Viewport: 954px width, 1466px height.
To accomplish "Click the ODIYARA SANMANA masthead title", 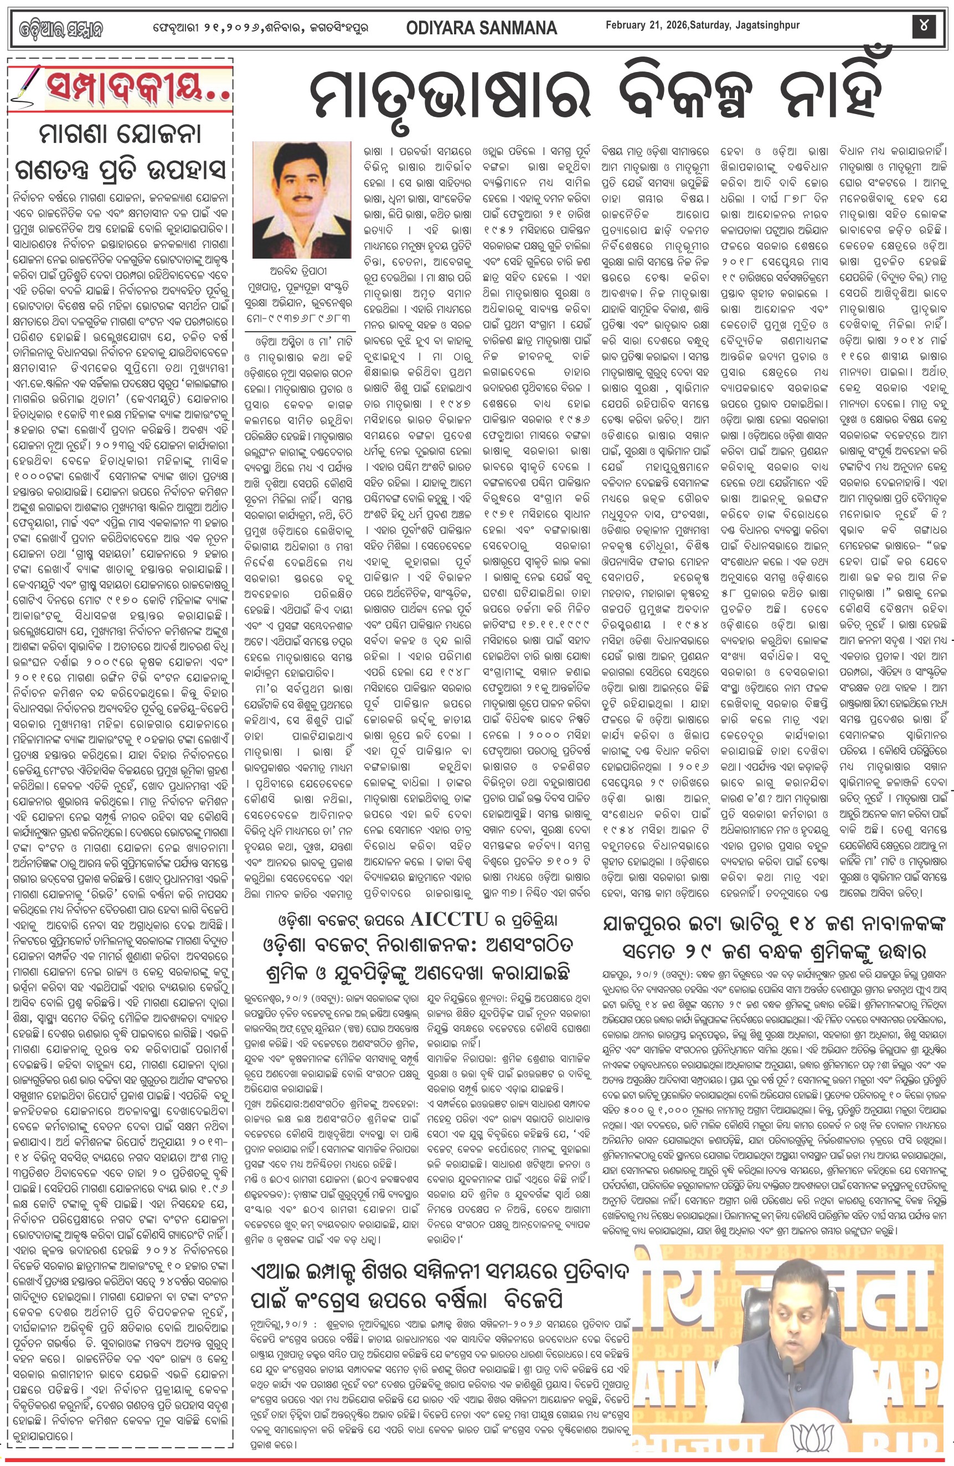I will (481, 28).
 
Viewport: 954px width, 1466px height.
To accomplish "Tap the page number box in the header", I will (925, 27).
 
